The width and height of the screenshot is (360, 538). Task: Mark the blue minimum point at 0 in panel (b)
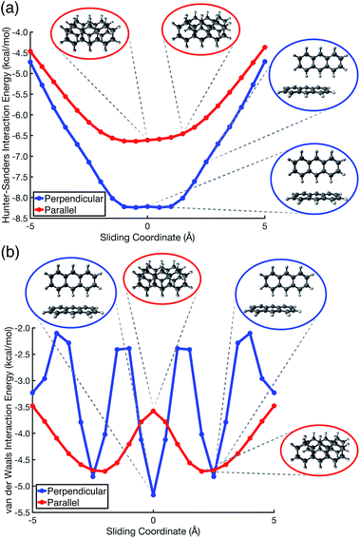(153, 495)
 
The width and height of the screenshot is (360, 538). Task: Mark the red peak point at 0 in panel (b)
(153, 411)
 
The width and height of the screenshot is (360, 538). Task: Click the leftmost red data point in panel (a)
(31, 51)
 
